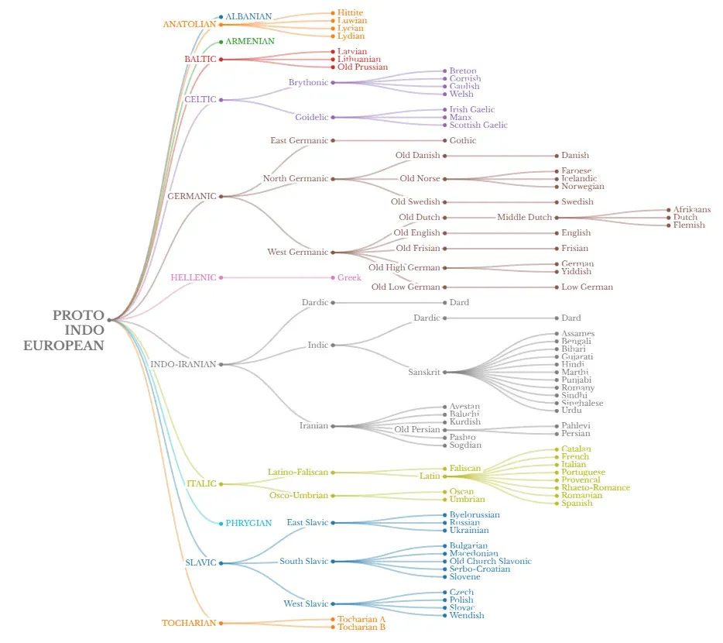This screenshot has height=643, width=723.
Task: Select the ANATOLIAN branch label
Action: (189, 24)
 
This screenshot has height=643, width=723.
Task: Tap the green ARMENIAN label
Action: (249, 41)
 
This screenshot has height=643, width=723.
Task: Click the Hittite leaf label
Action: (350, 13)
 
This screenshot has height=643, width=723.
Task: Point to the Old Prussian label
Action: (362, 67)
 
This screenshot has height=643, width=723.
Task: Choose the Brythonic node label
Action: (308, 83)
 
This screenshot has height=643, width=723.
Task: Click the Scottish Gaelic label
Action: (478, 126)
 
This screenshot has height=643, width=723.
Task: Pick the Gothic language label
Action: (463, 141)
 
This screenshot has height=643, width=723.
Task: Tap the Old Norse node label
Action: (420, 179)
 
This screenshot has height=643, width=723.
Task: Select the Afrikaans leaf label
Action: (692, 210)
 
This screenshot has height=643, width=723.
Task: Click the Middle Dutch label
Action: (524, 218)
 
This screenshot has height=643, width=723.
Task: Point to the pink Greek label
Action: (349, 278)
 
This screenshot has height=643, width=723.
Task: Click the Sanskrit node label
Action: (423, 373)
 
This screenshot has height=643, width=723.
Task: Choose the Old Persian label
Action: (416, 430)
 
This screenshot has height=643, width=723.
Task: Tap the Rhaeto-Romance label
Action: (595, 488)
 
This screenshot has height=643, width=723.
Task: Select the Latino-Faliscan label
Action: (297, 473)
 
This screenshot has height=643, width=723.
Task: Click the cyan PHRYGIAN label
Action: (248, 524)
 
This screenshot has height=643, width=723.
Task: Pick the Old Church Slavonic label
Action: (491, 562)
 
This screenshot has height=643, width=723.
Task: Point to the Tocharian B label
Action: (361, 628)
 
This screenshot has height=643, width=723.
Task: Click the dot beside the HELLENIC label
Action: (221, 278)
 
